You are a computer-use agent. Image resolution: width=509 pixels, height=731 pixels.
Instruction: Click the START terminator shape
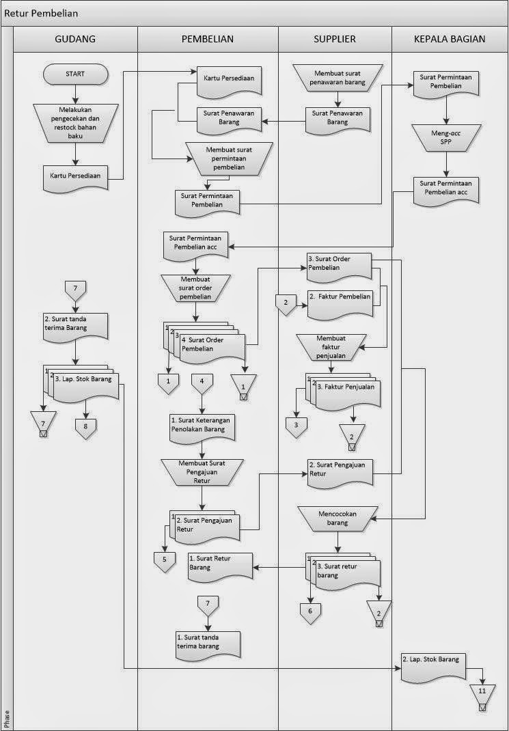pyautogui.click(x=76, y=73)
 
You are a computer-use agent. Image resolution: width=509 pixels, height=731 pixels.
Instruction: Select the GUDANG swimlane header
pyautogui.click(x=75, y=39)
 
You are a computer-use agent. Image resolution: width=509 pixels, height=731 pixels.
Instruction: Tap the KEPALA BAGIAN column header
pyautogui.click(x=449, y=39)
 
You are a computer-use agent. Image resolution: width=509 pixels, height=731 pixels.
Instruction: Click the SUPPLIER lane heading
pyautogui.click(x=334, y=39)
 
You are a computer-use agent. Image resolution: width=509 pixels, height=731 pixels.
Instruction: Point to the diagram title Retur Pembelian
pyautogui.click(x=41, y=13)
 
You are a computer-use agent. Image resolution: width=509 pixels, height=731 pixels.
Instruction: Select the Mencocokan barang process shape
pyautogui.click(x=337, y=518)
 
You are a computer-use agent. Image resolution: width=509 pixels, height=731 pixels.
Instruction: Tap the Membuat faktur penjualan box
pyautogui.click(x=331, y=346)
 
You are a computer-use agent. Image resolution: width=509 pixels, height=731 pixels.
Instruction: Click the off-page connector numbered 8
pyautogui.click(x=85, y=427)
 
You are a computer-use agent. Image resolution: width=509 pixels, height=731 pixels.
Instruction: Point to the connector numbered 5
pyautogui.click(x=164, y=559)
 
